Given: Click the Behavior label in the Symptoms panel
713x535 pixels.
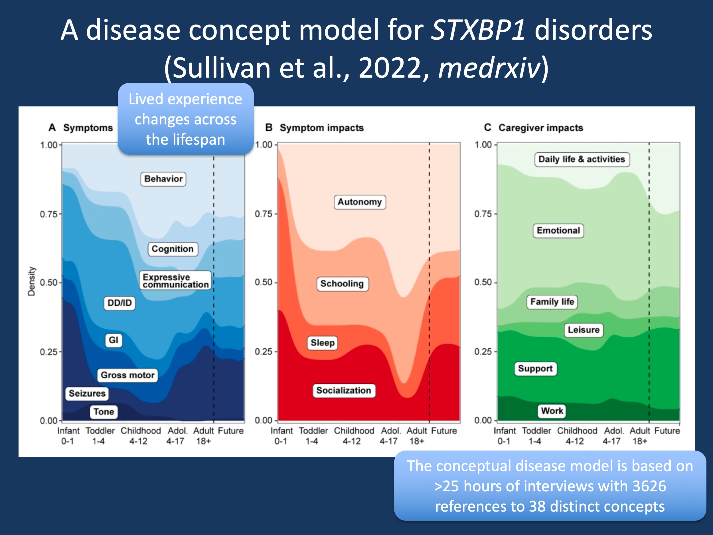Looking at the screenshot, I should [163, 179].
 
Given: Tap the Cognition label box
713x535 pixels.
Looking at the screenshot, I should [173, 249].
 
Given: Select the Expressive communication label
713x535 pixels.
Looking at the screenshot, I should [176, 280].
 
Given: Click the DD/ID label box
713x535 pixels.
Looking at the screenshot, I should [119, 303].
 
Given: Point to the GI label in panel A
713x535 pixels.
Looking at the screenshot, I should [114, 340].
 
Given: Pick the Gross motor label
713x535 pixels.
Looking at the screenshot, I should [128, 375].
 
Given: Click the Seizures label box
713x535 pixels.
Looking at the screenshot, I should [87, 393].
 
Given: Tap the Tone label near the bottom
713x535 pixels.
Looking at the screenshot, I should [104, 412].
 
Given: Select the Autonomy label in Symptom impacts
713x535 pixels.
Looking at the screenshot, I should [359, 202].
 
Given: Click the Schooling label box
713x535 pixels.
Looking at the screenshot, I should [342, 284].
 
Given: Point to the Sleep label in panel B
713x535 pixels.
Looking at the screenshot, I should [322, 343].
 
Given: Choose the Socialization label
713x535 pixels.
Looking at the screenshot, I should [344, 391].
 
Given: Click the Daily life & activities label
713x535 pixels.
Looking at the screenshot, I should [582, 159].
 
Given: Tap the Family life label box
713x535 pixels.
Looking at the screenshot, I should [552, 302].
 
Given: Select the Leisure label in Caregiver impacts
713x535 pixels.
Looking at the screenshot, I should [584, 330].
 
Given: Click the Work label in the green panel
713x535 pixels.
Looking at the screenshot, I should [552, 411].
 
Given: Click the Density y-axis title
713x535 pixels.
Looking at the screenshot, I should [31, 281].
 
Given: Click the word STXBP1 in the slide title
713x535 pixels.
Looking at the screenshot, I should [478, 30].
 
